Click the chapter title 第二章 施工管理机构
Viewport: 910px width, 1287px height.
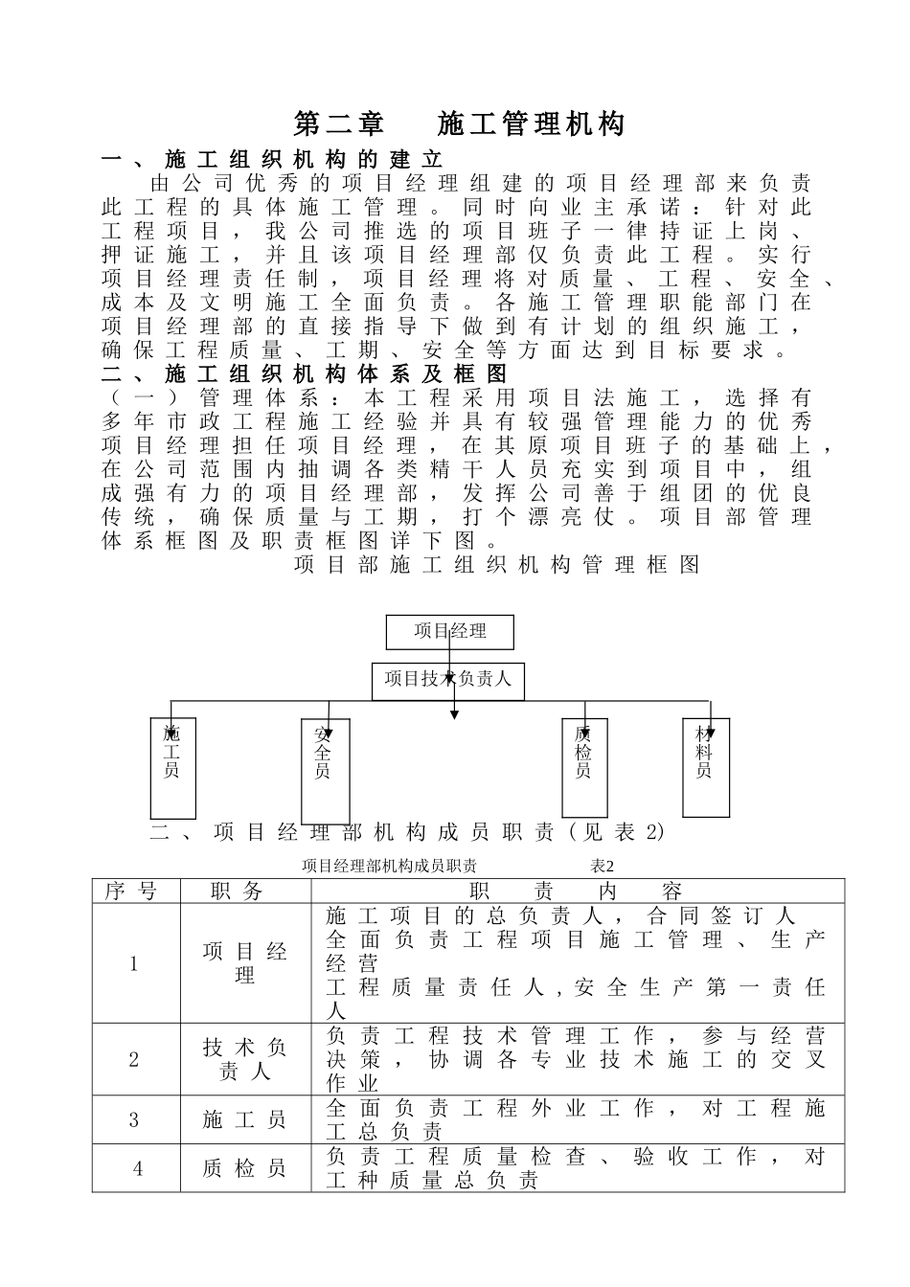pos(459,124)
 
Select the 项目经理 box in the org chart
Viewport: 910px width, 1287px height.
pos(449,632)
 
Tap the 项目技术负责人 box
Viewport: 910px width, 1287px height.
pos(447,681)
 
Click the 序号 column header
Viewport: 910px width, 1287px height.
pos(136,891)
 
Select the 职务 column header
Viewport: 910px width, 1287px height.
pos(245,891)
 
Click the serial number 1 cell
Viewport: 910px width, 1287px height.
pos(136,963)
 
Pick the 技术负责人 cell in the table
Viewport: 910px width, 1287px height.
pos(245,1059)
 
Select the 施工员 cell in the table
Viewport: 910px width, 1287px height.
pos(245,1119)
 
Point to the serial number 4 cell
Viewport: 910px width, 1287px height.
pos(136,1168)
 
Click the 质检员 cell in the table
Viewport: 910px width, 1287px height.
pos(245,1168)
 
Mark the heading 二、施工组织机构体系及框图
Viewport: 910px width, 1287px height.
pos(306,373)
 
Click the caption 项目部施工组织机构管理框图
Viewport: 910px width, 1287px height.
pos(496,565)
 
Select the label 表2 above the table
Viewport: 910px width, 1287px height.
pos(602,866)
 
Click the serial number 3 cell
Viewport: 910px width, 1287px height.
pos(136,1119)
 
